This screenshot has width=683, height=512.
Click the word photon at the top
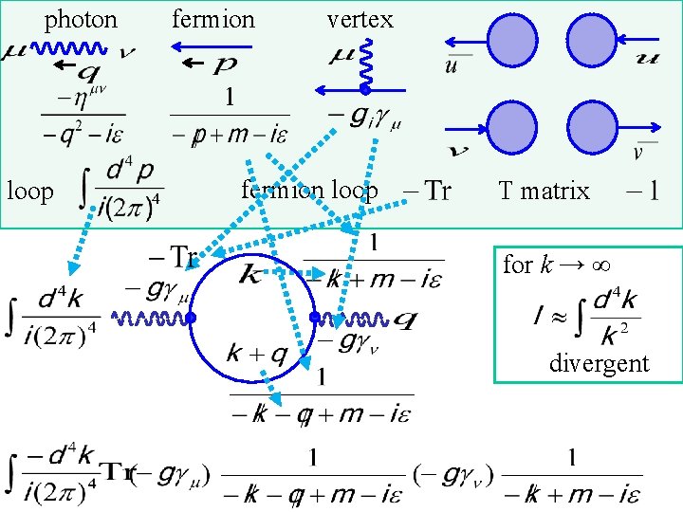tap(82, 19)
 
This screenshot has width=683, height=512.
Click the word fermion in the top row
tap(213, 19)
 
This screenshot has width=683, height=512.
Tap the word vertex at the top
tap(360, 19)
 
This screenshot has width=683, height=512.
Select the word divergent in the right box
tap(599, 363)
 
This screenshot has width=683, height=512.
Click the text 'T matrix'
tap(545, 192)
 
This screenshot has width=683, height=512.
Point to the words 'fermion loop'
tap(309, 191)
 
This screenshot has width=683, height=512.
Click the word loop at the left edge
tap(30, 192)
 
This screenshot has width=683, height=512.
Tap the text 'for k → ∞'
tap(556, 264)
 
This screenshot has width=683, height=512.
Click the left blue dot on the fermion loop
tap(190, 319)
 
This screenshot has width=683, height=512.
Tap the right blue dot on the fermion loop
tap(313, 317)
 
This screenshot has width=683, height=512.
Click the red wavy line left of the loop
tap(150, 319)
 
